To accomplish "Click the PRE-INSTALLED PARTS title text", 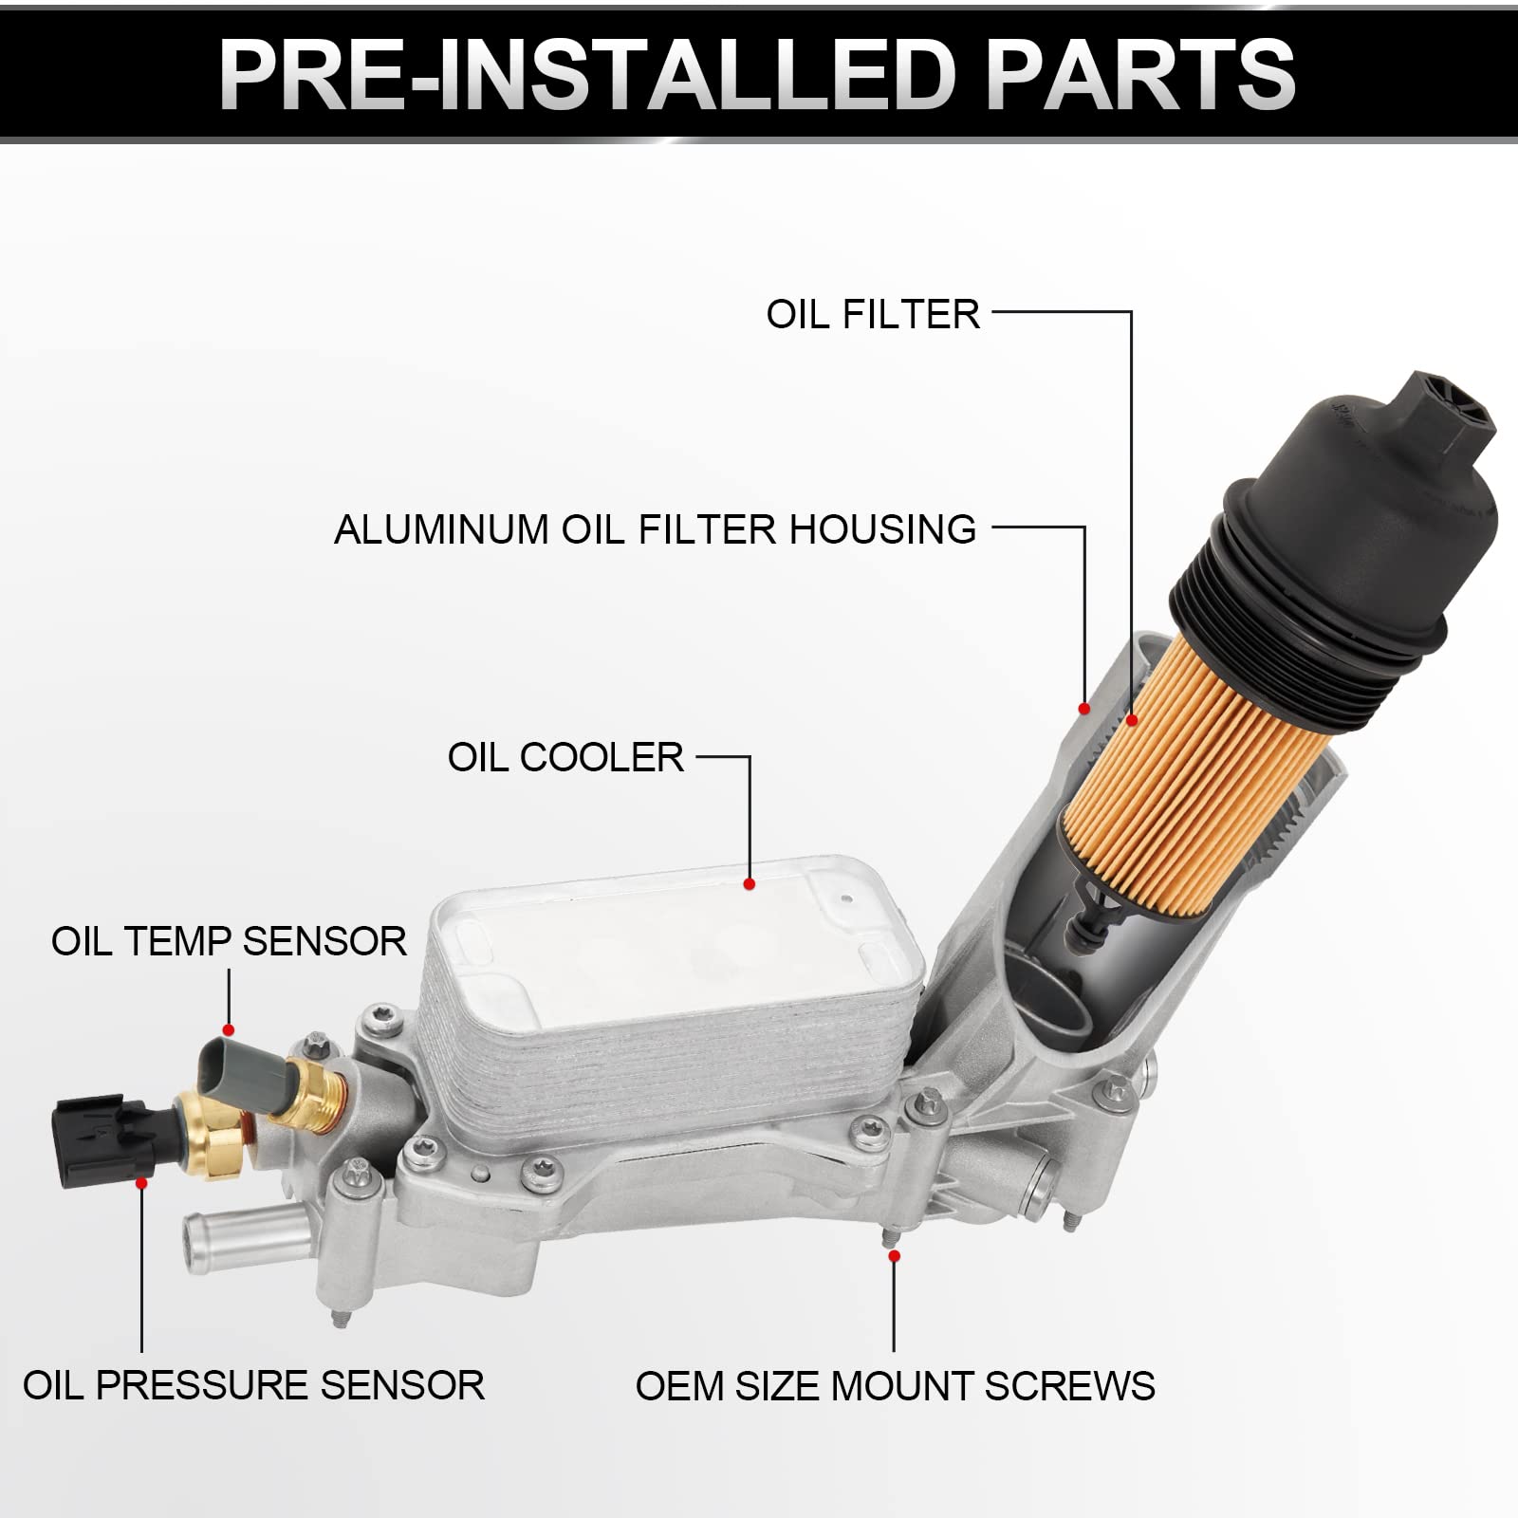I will pyautogui.click(x=757, y=74).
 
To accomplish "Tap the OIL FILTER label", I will pyautogui.click(x=872, y=315).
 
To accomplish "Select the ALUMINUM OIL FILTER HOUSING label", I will pyautogui.click(x=655, y=529).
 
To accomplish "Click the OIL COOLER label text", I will pyautogui.click(x=565, y=757).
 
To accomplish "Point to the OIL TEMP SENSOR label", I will pyautogui.click(x=229, y=941).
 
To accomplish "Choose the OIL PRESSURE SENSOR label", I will pyautogui.click(x=253, y=1385).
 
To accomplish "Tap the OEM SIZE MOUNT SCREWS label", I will pyautogui.click(x=895, y=1386).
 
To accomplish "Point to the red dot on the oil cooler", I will pyautogui.click(x=750, y=884).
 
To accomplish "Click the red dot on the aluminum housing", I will pyautogui.click(x=1084, y=709).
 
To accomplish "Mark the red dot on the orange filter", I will pyautogui.click(x=1132, y=721).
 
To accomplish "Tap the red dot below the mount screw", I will pyautogui.click(x=894, y=1256).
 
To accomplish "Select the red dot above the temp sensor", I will pyautogui.click(x=228, y=1030).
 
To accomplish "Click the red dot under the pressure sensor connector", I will pyautogui.click(x=141, y=1183).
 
